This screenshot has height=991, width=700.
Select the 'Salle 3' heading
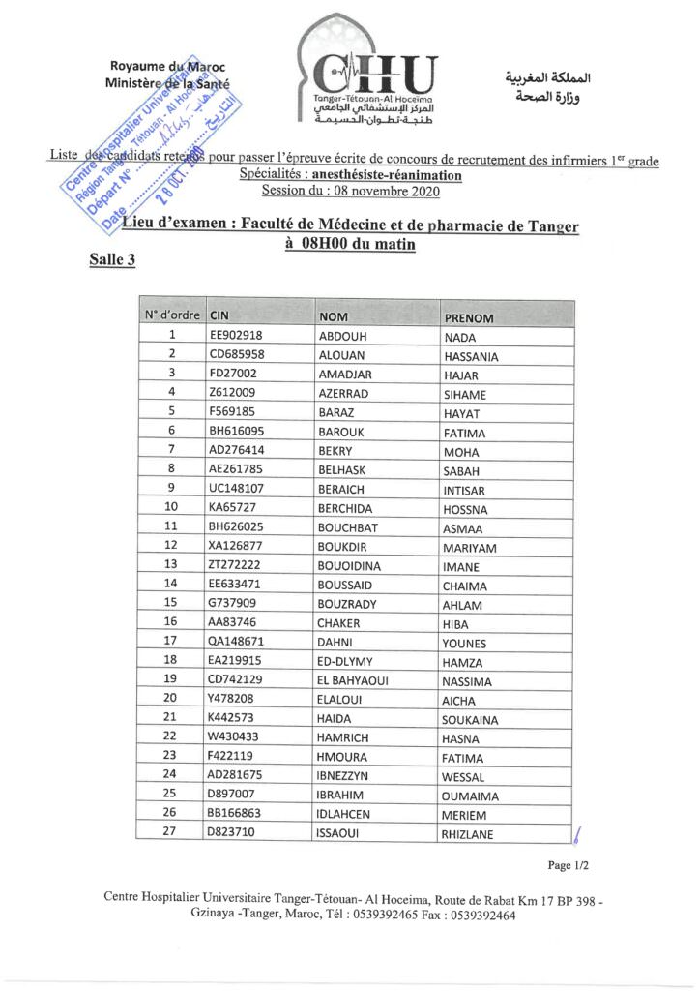(112, 259)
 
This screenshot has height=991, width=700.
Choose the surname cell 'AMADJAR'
(345, 375)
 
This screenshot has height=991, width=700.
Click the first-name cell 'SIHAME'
(464, 395)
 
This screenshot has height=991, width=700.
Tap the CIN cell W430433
(233, 737)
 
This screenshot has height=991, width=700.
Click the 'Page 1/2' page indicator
(568, 865)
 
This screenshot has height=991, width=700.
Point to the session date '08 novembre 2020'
(384, 192)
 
